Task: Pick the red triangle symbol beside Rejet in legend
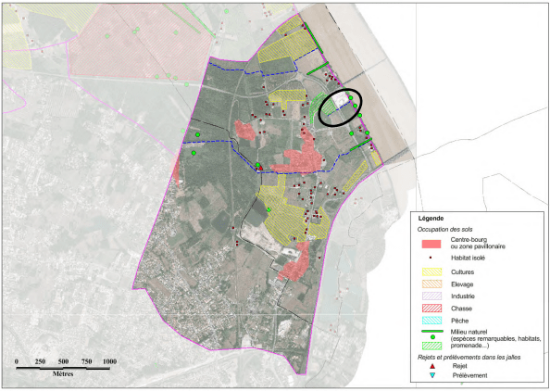[433, 366]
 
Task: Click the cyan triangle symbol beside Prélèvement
[433, 375]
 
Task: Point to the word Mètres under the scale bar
[63, 375]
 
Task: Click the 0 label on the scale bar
[18, 360]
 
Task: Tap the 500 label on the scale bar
[63, 360]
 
